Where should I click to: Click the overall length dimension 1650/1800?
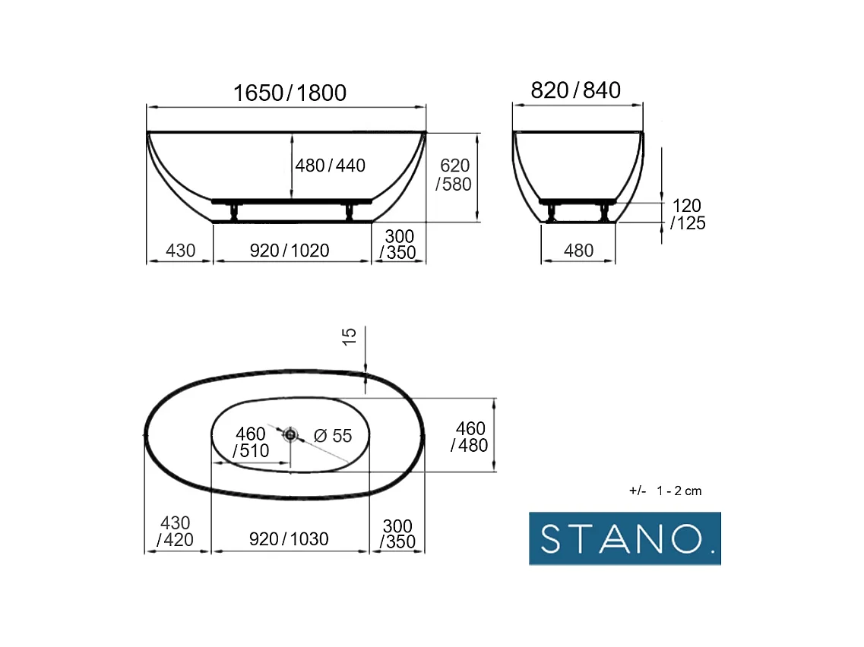pyautogui.click(x=290, y=93)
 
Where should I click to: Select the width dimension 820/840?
pyautogui.click(x=575, y=90)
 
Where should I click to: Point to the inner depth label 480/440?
pyautogui.click(x=331, y=166)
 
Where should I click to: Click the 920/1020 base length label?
pyautogui.click(x=290, y=250)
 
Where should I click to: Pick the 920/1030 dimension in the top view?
pyautogui.click(x=289, y=539)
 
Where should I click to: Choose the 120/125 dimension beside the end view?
pyautogui.click(x=688, y=214)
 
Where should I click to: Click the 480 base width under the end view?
pyautogui.click(x=578, y=250)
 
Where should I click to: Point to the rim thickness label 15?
pyautogui.click(x=350, y=337)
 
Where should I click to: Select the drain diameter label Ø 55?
pyautogui.click(x=333, y=436)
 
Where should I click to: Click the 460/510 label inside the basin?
pyautogui.click(x=251, y=442)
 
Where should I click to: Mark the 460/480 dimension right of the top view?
pyautogui.click(x=470, y=437)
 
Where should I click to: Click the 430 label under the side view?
pyautogui.click(x=180, y=250)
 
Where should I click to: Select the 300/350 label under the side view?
pyautogui.click(x=398, y=245)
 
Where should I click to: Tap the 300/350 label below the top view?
pyautogui.click(x=397, y=534)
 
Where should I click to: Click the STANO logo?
pyautogui.click(x=625, y=538)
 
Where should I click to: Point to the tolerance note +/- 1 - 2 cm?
pyautogui.click(x=666, y=491)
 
